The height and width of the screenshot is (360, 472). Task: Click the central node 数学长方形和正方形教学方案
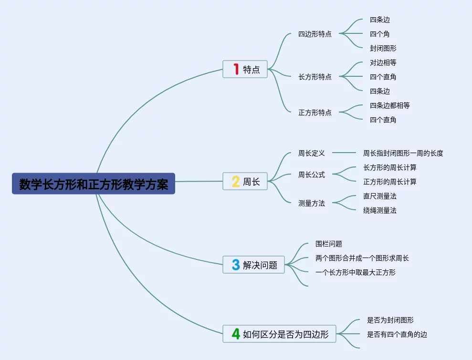94,184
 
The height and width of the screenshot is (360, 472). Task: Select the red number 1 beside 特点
236,69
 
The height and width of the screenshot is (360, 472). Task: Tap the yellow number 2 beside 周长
236,181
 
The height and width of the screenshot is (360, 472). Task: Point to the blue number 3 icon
236,265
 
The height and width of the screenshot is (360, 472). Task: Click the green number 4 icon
236,334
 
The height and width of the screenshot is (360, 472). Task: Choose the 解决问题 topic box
254,265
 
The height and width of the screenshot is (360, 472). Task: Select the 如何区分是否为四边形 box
279,334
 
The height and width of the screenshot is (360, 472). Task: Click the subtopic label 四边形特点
315,34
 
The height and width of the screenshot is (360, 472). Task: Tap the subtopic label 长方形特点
315,77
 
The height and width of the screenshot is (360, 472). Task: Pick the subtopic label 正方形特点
315,113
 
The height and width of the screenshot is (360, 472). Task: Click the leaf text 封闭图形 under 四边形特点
383,48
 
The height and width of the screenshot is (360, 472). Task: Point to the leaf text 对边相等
383,62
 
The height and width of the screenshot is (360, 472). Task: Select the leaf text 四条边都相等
389,105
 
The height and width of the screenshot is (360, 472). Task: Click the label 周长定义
312,153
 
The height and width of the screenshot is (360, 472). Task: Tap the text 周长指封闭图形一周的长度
403,153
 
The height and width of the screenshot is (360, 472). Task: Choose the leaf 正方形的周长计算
389,182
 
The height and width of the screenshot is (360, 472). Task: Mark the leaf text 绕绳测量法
379,210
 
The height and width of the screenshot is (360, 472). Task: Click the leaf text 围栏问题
329,244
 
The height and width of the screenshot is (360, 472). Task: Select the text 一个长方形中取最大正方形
355,272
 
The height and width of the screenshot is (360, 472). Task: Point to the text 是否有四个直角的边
397,334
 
